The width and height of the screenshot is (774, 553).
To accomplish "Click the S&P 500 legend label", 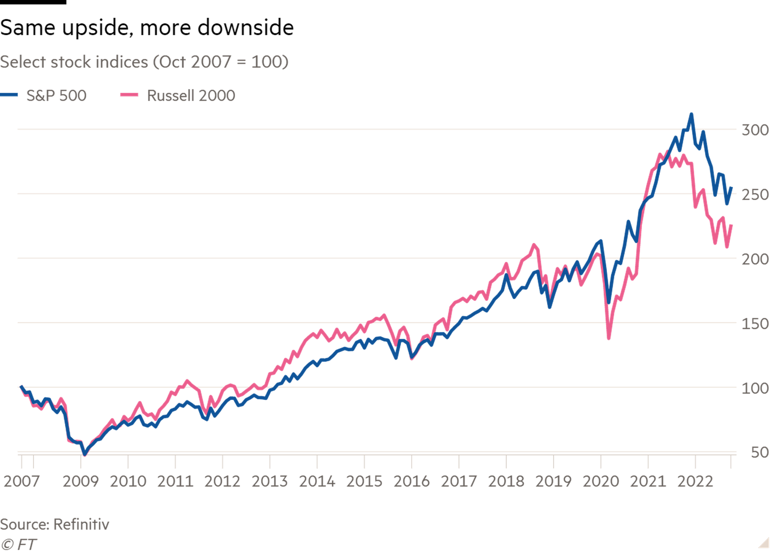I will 56,96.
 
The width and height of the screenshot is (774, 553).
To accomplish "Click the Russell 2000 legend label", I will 191,96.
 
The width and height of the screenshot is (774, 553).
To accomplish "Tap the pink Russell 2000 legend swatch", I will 129,95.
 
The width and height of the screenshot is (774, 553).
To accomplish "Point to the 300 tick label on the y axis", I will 755,130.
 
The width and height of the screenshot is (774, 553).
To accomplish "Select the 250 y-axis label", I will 755,195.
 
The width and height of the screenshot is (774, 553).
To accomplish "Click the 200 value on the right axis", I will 755,259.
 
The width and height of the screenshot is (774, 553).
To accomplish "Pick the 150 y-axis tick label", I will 755,323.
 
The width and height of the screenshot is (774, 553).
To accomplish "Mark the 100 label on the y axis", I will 755,388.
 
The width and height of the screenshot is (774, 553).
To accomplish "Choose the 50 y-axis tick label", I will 759,452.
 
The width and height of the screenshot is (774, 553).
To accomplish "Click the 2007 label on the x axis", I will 21,481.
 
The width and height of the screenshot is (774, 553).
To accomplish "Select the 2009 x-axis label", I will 81,481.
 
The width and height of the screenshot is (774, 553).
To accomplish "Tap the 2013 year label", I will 270,481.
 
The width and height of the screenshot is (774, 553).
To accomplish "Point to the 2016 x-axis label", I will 412,481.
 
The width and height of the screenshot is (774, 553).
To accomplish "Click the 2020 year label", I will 601,481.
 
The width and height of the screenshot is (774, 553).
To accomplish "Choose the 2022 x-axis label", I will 695,481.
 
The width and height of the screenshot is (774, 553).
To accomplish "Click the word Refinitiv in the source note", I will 81,524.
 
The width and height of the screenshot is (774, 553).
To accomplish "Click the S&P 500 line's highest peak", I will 691,114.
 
